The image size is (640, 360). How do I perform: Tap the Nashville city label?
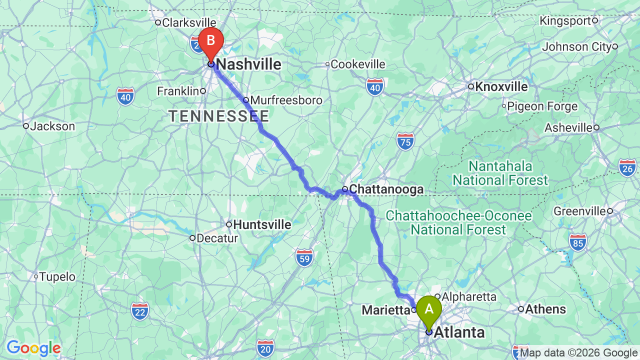[x=248, y=64]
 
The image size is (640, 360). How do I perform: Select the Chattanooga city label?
[x=385, y=189]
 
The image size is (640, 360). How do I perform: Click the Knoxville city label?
[x=500, y=86]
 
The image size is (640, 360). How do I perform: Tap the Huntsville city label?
[x=261, y=224]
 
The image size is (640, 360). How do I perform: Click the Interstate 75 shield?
[x=406, y=141]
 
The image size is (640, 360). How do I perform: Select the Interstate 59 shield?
[x=304, y=257]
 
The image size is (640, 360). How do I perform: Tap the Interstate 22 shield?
[x=140, y=311]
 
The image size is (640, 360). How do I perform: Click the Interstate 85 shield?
[x=577, y=242]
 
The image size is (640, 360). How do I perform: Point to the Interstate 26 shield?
[x=627, y=167]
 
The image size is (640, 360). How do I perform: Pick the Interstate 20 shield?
[x=265, y=347]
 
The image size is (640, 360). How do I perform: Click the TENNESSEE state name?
[x=219, y=116]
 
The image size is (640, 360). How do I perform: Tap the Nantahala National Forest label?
[x=500, y=172]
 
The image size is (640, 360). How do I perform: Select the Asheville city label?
[x=568, y=127]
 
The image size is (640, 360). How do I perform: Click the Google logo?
[x=33, y=348]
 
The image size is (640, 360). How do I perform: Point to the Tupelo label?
[x=57, y=276]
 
